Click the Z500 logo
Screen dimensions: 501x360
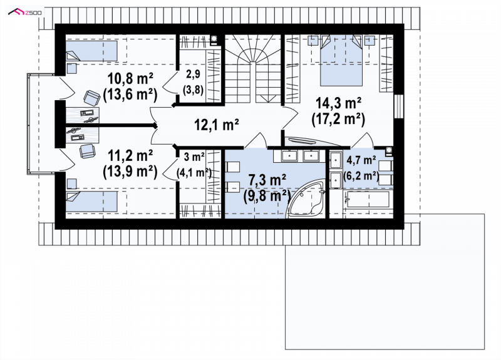coord(25,13)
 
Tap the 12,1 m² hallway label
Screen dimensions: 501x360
coord(217,124)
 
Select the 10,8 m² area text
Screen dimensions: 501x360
coord(130,78)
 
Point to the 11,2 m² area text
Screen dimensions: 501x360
coord(130,156)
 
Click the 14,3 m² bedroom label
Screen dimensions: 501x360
coord(338,103)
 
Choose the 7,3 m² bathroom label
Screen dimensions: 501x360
coord(267,180)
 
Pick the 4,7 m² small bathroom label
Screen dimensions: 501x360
coord(361,160)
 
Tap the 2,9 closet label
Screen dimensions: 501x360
coord(193,74)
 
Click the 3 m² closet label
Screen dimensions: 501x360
coord(194,157)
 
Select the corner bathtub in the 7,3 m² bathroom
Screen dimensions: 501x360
coord(307,200)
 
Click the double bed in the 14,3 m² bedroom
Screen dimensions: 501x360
coord(341,60)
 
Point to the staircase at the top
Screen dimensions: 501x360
coord(253,68)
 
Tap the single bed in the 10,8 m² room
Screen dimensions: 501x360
coord(91,51)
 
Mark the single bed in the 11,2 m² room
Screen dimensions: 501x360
coord(91,201)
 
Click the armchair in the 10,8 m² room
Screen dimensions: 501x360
coord(91,98)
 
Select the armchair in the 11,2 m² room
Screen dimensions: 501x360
coord(87,151)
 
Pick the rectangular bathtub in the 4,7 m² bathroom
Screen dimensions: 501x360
coord(368,199)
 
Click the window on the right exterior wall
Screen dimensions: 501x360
coord(398,106)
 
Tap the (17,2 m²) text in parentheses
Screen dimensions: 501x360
coord(338,120)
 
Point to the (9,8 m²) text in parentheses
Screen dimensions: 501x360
coord(267,196)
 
